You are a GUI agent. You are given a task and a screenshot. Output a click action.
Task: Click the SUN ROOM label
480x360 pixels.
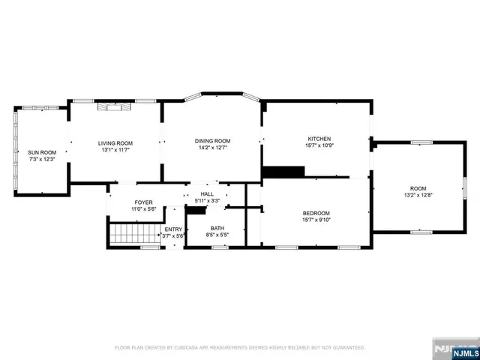pyautogui.click(x=42, y=152)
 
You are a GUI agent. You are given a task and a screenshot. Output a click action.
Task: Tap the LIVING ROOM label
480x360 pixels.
pyautogui.click(x=115, y=142)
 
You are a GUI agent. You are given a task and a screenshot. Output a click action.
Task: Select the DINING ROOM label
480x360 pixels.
pyautogui.click(x=212, y=140)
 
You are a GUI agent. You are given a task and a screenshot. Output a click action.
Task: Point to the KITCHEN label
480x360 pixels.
pyautogui.click(x=319, y=139)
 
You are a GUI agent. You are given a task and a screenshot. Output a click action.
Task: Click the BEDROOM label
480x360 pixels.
pyautogui.click(x=316, y=213)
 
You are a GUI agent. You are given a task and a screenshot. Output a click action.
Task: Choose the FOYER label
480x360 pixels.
pyautogui.click(x=143, y=202)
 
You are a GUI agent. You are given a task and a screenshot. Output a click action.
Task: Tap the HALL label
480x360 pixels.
pyautogui.click(x=207, y=194)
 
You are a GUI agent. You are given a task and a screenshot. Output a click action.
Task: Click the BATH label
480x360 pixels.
pyautogui.click(x=217, y=228)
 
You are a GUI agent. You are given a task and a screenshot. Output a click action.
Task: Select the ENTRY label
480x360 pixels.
pyautogui.click(x=173, y=229)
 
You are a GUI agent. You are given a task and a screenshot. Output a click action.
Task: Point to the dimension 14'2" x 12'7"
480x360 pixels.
pyautogui.click(x=212, y=147)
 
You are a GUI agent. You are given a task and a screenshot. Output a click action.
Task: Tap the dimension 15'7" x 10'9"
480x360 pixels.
pyautogui.click(x=319, y=145)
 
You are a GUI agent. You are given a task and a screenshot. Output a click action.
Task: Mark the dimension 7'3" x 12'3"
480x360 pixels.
pyautogui.click(x=42, y=159)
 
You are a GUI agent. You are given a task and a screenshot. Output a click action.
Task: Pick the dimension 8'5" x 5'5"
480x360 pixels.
pyautogui.click(x=217, y=235)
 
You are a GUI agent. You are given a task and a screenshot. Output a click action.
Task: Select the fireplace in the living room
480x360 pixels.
pyautogui.click(x=115, y=107)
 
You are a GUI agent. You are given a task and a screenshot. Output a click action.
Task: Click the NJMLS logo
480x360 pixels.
pyautogui.click(x=456, y=349)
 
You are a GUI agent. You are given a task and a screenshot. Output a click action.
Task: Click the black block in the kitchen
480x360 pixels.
pyautogui.click(x=283, y=172)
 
